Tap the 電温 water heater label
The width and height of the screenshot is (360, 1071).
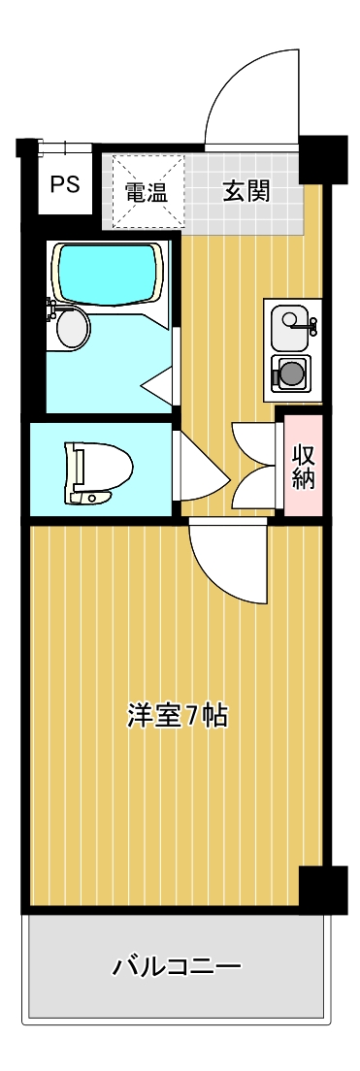click(x=147, y=191)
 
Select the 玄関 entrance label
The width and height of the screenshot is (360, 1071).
click(x=245, y=191)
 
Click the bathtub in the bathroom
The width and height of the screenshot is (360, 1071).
click(x=107, y=273)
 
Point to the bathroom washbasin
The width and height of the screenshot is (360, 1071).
click(x=72, y=327)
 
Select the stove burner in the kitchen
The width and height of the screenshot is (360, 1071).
click(x=291, y=373)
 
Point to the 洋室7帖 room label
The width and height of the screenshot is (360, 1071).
click(x=178, y=716)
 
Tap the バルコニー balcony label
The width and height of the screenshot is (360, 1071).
click(x=177, y=967)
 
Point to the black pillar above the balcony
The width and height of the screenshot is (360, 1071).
click(x=322, y=887)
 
